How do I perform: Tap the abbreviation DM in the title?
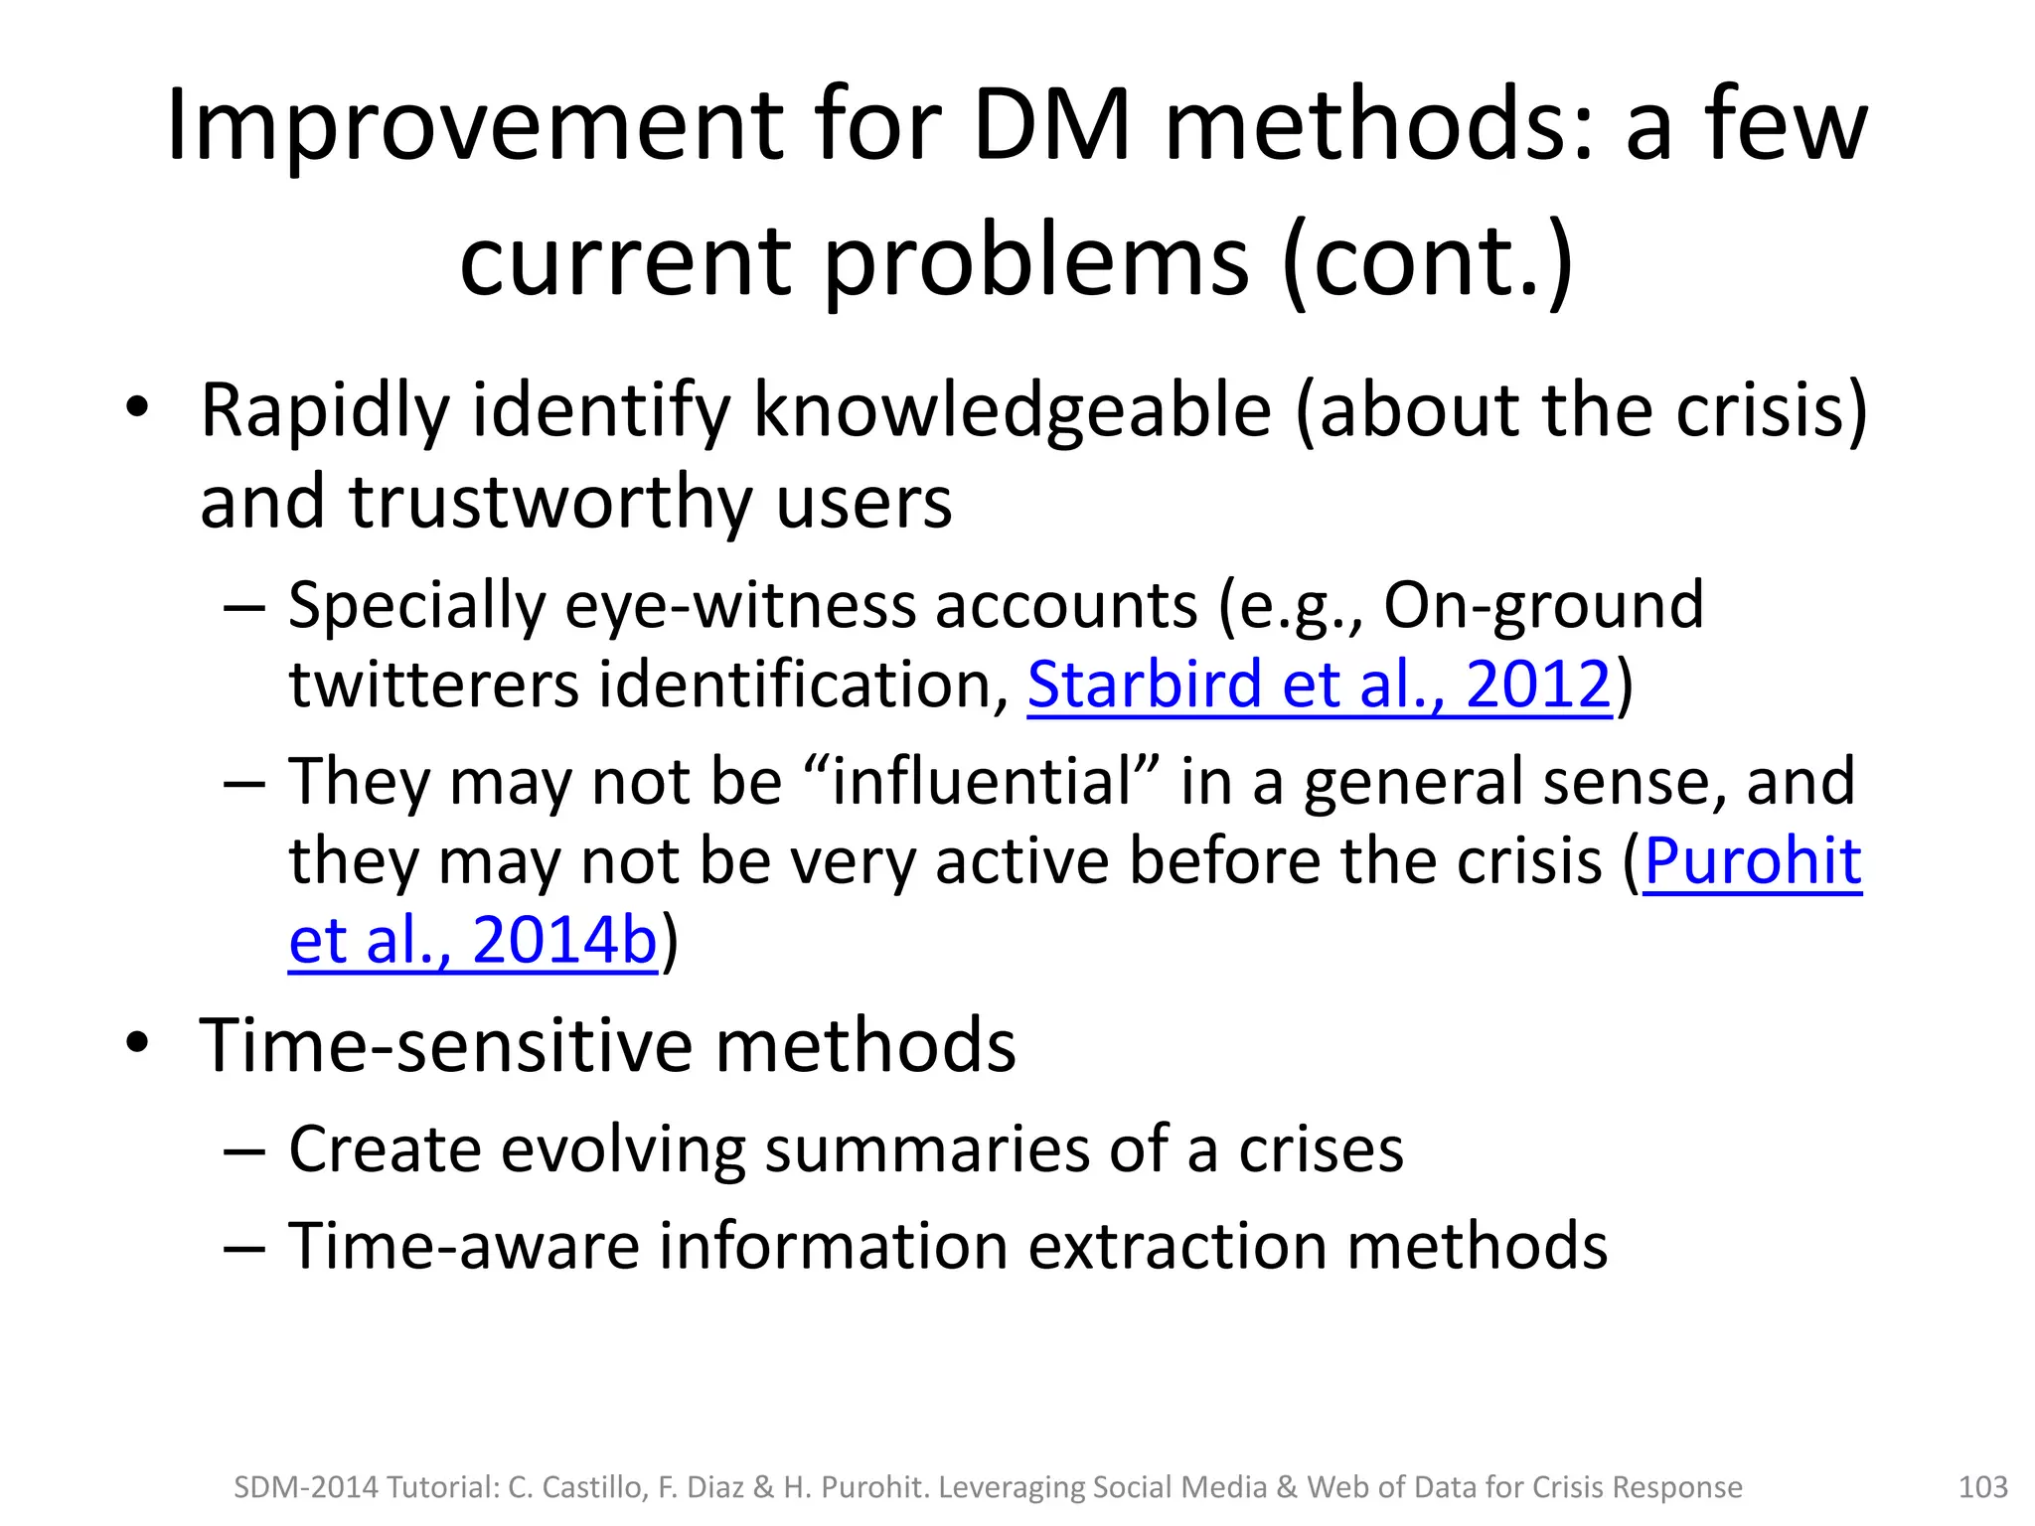[x=1051, y=125]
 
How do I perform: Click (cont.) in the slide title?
[x=1427, y=260]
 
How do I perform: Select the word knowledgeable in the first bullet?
[x=1012, y=411]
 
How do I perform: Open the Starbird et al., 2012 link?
[x=1319, y=685]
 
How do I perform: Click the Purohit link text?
[x=1752, y=860]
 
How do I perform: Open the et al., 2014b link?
[x=472, y=940]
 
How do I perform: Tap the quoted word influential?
[x=982, y=781]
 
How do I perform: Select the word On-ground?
[x=1542, y=605]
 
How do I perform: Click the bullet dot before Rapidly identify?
[x=137, y=409]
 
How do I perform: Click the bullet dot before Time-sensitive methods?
[x=137, y=1043]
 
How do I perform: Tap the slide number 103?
[x=1982, y=1487]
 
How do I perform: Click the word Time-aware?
[x=464, y=1246]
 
